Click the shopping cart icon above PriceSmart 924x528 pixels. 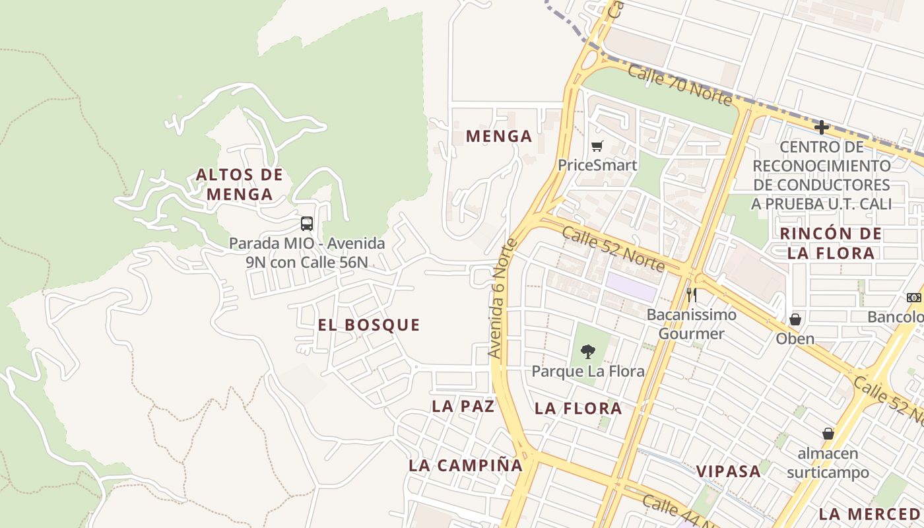click(597, 146)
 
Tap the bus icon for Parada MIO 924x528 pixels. click(307, 223)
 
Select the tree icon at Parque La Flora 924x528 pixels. click(587, 352)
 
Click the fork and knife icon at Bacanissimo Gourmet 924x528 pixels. click(691, 294)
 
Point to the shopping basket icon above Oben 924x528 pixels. click(795, 319)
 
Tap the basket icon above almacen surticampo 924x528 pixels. click(828, 434)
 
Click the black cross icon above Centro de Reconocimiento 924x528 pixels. click(822, 127)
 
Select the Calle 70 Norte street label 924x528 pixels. click(680, 84)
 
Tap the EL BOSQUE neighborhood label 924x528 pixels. click(369, 325)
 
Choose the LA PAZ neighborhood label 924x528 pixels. click(463, 407)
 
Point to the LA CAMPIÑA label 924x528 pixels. click(465, 465)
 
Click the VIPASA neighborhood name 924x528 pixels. click(729, 471)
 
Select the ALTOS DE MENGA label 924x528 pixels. click(240, 184)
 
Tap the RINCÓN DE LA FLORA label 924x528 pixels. click(830, 243)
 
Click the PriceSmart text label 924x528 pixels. click(597, 165)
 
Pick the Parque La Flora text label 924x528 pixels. click(588, 371)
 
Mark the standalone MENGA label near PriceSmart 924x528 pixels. click(499, 137)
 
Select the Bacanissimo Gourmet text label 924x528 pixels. click(691, 323)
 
